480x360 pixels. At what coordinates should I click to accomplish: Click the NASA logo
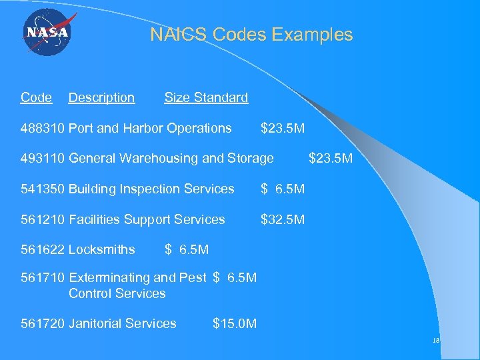coord(47,33)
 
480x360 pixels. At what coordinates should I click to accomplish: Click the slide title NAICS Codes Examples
coord(251,35)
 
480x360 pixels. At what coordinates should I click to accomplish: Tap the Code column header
coord(36,98)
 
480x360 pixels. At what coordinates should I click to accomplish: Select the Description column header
coord(101,98)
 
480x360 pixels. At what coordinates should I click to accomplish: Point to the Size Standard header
coord(206,98)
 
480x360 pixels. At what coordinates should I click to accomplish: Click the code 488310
coord(43,128)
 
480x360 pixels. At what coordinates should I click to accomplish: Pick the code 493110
coord(43,159)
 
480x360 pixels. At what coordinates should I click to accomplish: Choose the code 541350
coord(43,189)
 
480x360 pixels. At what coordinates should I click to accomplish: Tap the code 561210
coord(43,220)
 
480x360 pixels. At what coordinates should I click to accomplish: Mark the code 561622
coord(43,251)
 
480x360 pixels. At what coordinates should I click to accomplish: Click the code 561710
coord(43,278)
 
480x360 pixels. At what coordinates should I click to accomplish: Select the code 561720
coord(43,324)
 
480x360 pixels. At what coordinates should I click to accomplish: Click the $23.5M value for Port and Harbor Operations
coord(283,128)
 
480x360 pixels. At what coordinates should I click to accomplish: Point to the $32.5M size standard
coord(283,220)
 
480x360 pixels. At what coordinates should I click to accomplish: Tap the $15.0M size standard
coord(235,324)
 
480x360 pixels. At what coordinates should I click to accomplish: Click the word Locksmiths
coord(101,251)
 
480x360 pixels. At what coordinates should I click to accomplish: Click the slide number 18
coord(436,341)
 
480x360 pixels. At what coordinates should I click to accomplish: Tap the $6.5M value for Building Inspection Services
coord(283,189)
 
